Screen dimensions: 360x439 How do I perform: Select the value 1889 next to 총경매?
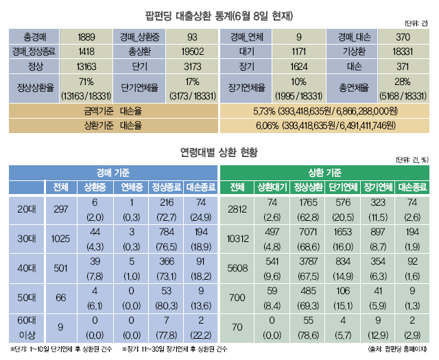86,37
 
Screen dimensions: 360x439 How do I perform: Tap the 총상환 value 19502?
191,51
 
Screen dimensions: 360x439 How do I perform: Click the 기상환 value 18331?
402,51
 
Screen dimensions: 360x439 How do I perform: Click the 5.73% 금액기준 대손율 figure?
327,110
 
